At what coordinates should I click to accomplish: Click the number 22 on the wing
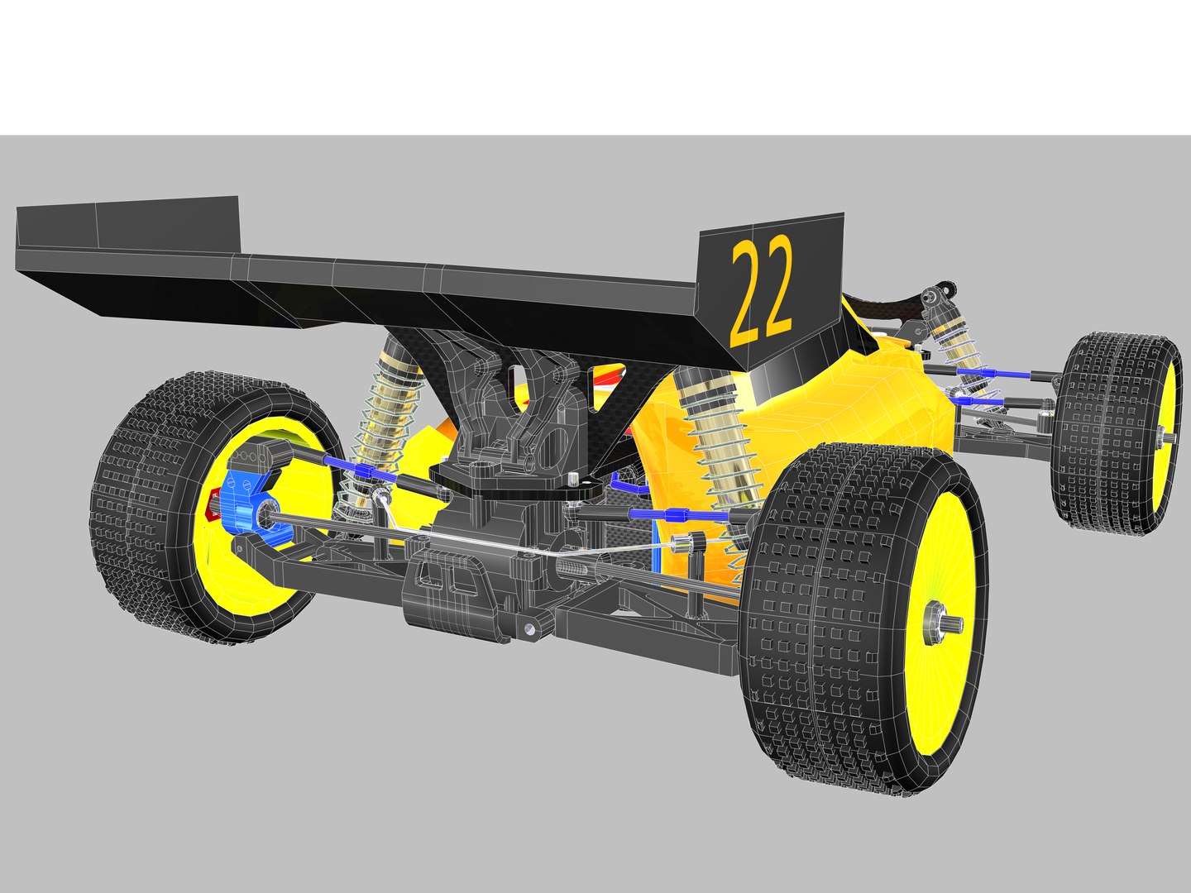pos(762,291)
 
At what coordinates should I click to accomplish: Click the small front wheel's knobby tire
pos(1100,430)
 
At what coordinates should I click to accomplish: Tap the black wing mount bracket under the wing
pos(513,397)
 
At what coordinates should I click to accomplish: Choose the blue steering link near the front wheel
pos(992,374)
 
